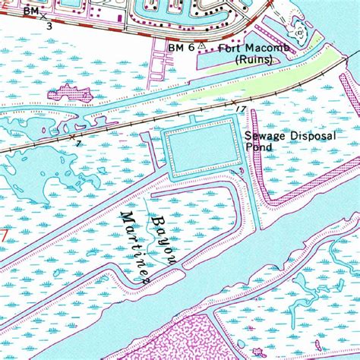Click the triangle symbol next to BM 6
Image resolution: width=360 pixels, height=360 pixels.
tap(202, 46)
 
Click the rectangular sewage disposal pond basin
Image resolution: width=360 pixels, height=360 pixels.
tap(201, 150)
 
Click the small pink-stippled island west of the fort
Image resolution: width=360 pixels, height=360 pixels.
tap(68, 94)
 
